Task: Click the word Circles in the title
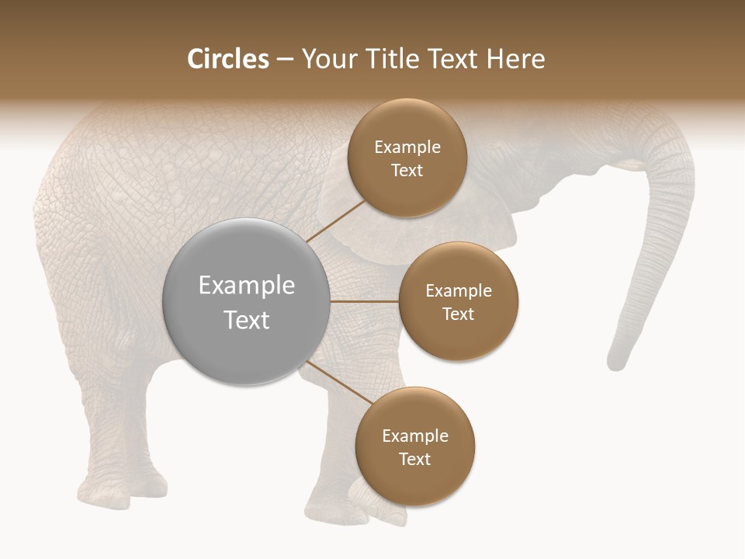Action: point(227,59)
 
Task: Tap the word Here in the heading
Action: point(516,59)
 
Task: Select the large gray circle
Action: point(247,301)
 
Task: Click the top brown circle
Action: point(407,158)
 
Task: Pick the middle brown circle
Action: point(458,301)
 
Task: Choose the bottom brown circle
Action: point(414,446)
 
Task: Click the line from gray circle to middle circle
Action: point(365,301)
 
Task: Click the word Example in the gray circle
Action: point(247,286)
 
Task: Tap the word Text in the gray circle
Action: point(247,320)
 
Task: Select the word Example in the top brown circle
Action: point(407,148)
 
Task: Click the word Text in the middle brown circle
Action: point(458,314)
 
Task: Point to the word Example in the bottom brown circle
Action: point(415,436)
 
